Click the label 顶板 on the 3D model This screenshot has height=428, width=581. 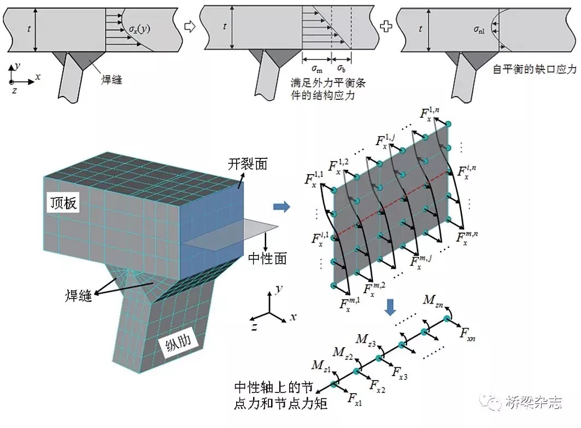(x=62, y=204)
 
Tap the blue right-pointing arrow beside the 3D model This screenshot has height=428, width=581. (x=281, y=206)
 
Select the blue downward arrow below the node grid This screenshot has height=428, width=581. (x=390, y=307)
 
